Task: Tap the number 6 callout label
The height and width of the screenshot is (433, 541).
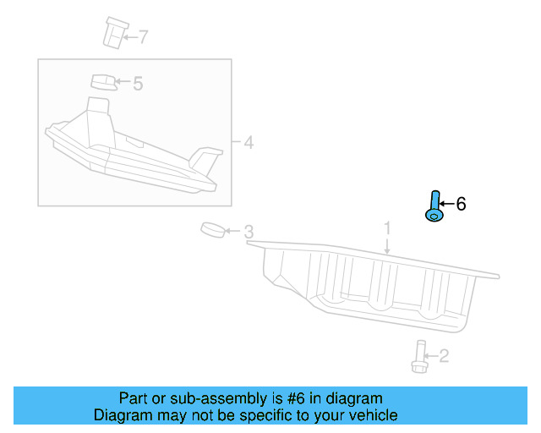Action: pos(461,204)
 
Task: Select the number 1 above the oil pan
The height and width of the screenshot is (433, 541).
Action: pos(387,228)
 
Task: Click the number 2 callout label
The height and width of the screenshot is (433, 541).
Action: pos(444,357)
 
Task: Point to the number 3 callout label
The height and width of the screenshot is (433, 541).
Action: pos(249,232)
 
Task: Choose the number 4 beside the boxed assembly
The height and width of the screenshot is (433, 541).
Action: pos(249,142)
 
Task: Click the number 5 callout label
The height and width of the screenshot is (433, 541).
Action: pos(138,83)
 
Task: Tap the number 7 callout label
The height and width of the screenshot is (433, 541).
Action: pos(143,36)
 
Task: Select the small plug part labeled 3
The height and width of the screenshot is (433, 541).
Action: pos(212,230)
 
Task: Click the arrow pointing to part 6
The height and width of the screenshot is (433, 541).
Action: pos(446,205)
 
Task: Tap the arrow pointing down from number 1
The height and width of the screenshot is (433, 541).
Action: pos(387,245)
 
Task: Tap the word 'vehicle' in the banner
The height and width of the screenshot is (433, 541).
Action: pos(371,415)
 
